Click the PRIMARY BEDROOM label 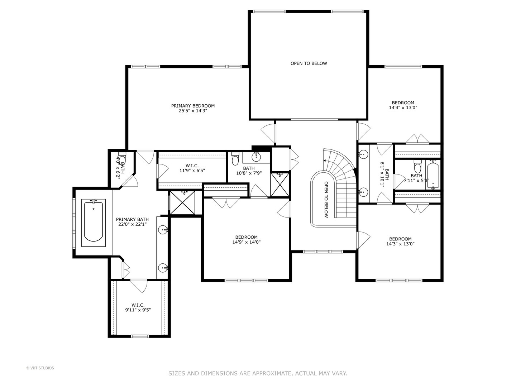point(193,106)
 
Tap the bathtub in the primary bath point(94,223)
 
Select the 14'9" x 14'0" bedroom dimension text point(246,242)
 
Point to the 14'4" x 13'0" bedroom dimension point(403,107)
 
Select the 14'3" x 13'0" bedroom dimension point(400,244)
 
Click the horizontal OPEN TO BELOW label point(309,63)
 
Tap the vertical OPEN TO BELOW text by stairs point(326,199)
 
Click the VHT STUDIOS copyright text point(40,368)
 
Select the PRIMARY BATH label point(132,219)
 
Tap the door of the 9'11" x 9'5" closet point(139,286)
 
